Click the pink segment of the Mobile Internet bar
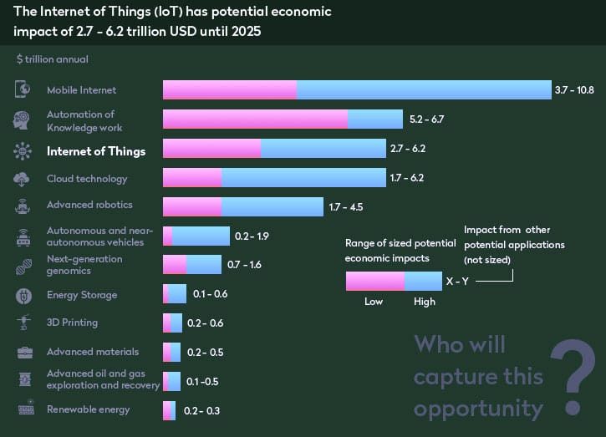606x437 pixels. coord(230,89)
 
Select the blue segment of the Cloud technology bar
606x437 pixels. coord(305,178)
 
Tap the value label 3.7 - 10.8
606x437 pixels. coord(573,90)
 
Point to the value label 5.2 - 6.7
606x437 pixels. coord(426,119)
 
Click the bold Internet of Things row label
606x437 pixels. coord(96,151)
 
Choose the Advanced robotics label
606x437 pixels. coord(89,205)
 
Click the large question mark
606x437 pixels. coord(573,377)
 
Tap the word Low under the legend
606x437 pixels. coord(374,302)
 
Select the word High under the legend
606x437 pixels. coord(424,302)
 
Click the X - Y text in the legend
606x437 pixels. coord(457,282)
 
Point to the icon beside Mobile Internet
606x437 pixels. coord(23,90)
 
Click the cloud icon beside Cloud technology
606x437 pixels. coord(23,179)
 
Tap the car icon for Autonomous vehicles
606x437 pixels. coord(23,236)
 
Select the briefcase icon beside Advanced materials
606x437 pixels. coord(23,352)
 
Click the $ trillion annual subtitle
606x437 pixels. coord(52,59)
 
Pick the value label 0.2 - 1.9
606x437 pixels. coord(252,236)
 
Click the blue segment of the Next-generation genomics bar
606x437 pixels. coord(204,265)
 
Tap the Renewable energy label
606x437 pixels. coord(88,409)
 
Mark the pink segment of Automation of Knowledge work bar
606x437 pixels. coord(255,119)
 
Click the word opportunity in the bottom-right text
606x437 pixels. coord(478,409)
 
